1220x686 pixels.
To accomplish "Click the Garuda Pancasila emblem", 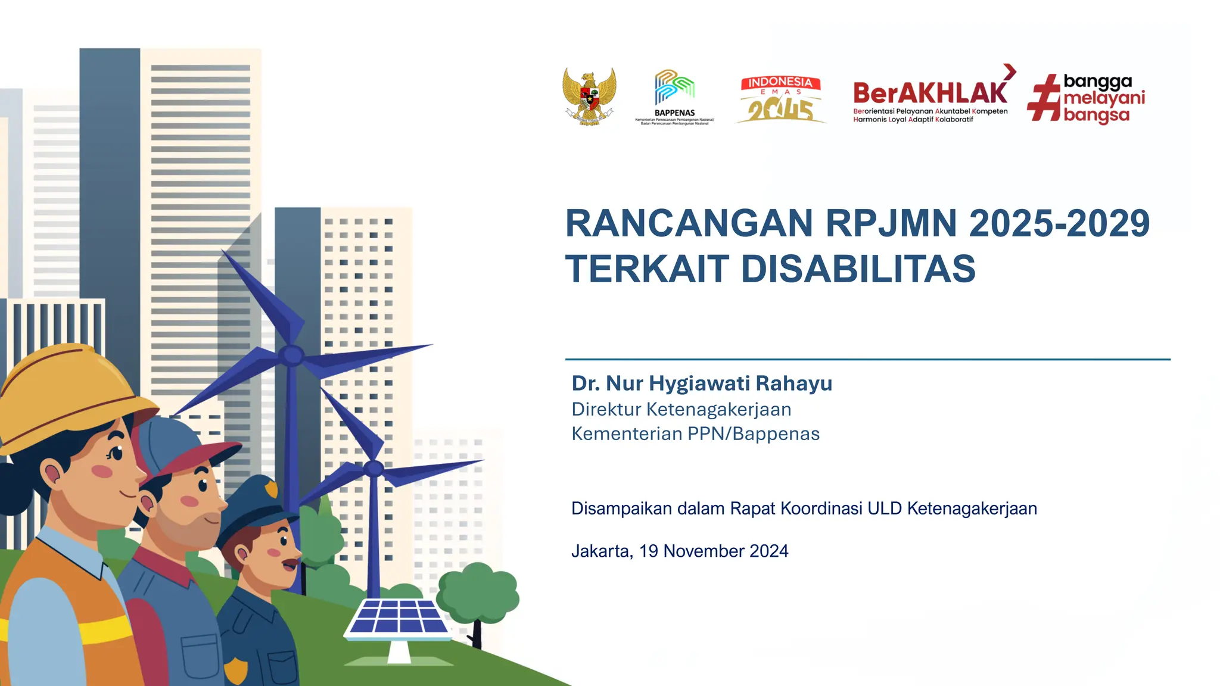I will [x=589, y=96].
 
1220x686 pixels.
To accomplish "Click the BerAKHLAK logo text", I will [x=930, y=93].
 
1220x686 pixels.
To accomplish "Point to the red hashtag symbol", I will [x=1044, y=98].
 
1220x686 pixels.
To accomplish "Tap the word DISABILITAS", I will [x=858, y=269].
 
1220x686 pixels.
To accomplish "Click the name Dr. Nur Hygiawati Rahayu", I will [x=702, y=383].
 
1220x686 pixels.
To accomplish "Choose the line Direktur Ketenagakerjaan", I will [x=681, y=410].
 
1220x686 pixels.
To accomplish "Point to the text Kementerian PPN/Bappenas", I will [x=695, y=434].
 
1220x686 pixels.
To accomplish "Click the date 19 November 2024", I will [x=714, y=551].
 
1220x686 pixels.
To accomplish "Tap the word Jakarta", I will [x=601, y=551].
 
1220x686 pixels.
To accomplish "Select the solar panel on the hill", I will [x=399, y=619].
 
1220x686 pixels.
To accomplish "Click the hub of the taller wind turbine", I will [x=291, y=356].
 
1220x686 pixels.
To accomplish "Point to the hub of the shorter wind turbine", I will [x=373, y=469].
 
